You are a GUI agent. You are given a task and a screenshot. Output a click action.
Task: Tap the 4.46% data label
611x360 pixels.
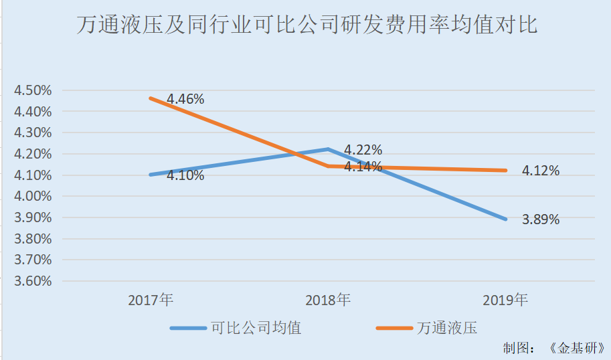click(185, 99)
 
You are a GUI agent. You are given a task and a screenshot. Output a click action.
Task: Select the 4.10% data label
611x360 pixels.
click(185, 176)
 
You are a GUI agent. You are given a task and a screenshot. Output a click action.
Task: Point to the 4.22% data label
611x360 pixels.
click(363, 150)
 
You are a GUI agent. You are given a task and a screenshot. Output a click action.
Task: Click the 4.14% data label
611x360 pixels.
click(363, 166)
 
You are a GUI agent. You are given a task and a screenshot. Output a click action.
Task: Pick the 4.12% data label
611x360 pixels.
click(541, 171)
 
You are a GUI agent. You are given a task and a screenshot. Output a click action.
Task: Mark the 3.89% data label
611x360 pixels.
click(541, 219)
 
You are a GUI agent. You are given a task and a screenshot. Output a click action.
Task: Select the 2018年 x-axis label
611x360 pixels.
click(328, 300)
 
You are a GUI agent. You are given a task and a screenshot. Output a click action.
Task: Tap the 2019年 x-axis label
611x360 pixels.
click(505, 300)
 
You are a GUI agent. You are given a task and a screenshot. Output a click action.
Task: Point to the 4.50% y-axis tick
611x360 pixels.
click(33, 90)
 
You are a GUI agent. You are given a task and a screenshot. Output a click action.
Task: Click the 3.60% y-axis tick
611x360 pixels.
click(33, 281)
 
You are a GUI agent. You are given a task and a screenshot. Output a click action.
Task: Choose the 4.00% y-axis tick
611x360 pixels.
click(33, 196)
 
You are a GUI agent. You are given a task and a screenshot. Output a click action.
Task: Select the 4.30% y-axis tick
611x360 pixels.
click(33, 132)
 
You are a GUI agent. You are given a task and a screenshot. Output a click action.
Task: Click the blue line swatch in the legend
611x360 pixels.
click(189, 329)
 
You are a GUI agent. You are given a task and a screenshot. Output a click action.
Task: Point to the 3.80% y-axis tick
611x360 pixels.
click(33, 239)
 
